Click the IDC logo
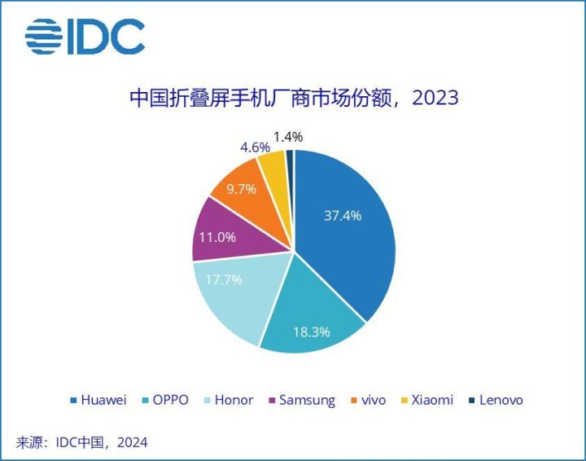tap(85, 37)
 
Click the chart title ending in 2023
tap(294, 99)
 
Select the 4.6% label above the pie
tap(255, 147)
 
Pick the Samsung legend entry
tap(300, 400)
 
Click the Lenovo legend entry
tap(495, 400)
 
